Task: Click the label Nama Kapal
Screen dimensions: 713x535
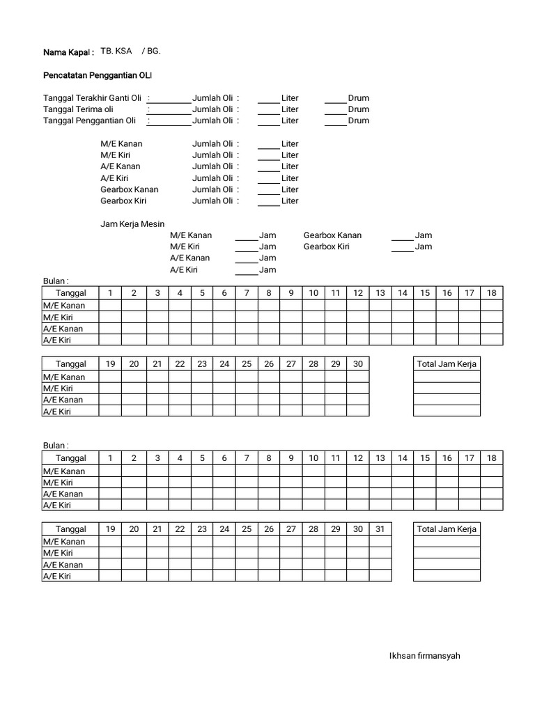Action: (68, 52)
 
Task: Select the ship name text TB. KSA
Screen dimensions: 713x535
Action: (116, 52)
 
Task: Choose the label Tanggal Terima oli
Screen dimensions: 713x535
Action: (79, 109)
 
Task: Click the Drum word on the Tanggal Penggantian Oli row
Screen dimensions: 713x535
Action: (359, 120)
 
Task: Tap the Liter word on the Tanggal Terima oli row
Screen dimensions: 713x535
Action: (290, 109)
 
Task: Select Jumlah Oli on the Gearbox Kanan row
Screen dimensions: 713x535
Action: (212, 189)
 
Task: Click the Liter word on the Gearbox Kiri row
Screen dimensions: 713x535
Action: (290, 201)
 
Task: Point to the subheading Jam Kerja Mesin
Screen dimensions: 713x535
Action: (132, 224)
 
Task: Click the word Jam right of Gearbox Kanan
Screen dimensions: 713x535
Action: (423, 235)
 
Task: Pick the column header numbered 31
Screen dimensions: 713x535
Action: (380, 529)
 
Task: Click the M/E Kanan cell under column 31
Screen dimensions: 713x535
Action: (380, 541)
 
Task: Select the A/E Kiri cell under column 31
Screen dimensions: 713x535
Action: (380, 576)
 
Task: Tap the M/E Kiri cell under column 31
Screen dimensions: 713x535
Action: (380, 553)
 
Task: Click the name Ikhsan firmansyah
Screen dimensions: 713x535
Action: (424, 655)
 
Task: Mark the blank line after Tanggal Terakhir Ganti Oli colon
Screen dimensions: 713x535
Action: (171, 102)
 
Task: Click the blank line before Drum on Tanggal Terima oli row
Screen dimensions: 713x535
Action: (335, 113)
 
